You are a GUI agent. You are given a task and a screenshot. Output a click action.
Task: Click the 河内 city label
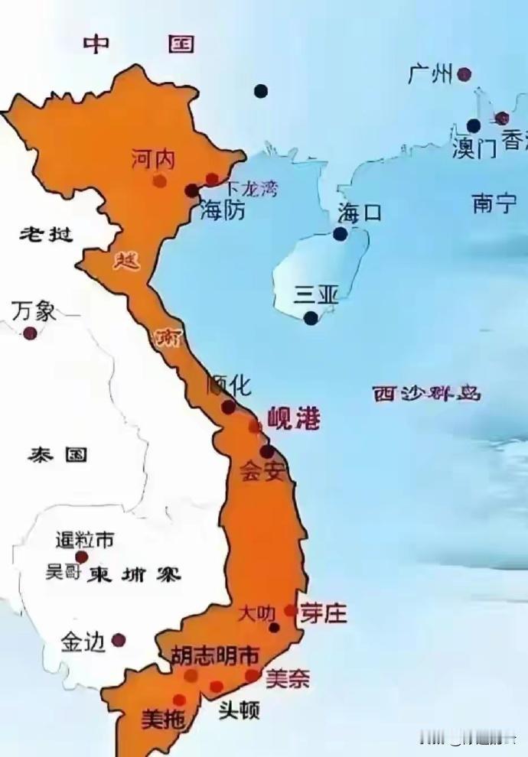(x=153, y=159)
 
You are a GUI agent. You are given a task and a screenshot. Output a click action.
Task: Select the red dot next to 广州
(x=464, y=74)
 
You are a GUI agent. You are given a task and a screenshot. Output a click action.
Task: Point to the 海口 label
(x=359, y=213)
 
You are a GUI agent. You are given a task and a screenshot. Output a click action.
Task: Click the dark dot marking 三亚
(x=311, y=318)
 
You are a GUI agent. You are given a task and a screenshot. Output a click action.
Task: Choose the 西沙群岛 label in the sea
(x=426, y=394)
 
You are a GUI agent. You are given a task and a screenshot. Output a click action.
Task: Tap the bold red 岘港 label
(x=293, y=420)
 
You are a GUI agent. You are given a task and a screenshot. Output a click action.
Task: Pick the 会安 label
(x=262, y=471)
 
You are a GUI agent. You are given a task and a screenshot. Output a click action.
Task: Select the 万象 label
(x=34, y=311)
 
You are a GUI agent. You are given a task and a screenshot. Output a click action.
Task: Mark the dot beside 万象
(x=30, y=333)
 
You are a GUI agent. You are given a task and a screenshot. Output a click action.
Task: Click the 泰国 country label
(x=57, y=456)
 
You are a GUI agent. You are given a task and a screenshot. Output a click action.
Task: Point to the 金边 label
(x=82, y=643)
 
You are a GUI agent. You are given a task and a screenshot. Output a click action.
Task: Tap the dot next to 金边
(x=118, y=640)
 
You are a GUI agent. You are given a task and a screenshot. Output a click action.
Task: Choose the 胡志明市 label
(x=214, y=655)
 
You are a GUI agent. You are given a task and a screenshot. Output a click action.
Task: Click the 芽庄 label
(x=323, y=613)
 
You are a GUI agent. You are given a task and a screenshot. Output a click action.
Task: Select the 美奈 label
(x=287, y=678)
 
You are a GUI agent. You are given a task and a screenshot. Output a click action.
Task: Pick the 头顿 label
(x=239, y=710)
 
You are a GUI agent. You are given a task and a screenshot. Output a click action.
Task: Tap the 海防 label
(x=223, y=210)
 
